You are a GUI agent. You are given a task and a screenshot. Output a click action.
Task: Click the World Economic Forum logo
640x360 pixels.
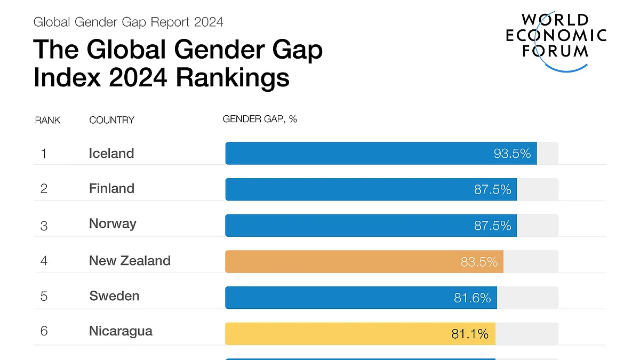coord(556,40)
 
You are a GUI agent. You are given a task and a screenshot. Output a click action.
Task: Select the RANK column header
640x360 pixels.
coord(48,120)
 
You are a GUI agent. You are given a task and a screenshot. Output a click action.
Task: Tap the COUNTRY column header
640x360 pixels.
coord(111,120)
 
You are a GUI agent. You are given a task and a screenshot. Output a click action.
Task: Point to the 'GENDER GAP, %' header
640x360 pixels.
coord(260,119)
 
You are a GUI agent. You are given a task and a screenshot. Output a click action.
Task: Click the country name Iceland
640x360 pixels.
coord(111,154)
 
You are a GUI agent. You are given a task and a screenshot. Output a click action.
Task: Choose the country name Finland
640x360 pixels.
coord(111,188)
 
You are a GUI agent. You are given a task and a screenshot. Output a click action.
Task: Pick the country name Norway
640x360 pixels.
coord(113,223)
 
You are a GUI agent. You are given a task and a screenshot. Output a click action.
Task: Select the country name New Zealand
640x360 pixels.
coord(130,261)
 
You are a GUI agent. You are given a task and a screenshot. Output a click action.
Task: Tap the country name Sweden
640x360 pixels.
coord(114,296)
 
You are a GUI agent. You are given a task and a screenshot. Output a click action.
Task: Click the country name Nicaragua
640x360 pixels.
coord(121,331)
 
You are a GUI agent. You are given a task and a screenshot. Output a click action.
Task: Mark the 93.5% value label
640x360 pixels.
coord(512,154)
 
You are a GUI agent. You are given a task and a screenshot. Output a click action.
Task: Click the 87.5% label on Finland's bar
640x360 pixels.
coord(492,189)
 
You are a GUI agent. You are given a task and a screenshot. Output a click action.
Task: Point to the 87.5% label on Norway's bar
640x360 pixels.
coord(492,226)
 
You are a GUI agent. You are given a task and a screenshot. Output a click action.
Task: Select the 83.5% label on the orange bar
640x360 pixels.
coord(479,262)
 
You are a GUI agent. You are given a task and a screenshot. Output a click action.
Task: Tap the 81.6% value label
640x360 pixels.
coord(472,298)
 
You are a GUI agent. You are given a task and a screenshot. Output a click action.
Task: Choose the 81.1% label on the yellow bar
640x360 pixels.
coord(470,334)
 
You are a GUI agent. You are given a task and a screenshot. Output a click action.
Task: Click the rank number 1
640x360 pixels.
coord(44,154)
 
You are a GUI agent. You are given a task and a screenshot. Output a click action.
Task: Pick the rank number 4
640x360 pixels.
coord(44,261)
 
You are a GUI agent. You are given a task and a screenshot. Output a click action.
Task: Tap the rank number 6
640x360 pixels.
coord(44,331)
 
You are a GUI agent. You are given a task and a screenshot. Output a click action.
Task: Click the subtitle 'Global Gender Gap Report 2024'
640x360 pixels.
coord(128,22)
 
